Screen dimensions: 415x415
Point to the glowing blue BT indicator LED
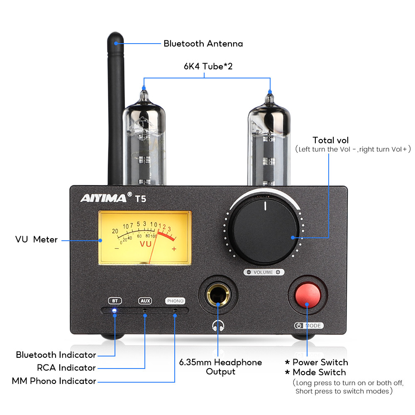click(114, 310)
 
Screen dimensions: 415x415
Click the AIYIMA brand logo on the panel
click(103, 198)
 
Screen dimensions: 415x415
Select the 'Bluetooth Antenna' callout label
click(203, 44)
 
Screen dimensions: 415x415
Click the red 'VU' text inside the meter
click(146, 244)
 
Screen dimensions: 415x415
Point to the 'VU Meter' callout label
click(37, 239)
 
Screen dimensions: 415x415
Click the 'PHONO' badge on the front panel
click(175, 301)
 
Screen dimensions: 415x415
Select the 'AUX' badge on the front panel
click(145, 301)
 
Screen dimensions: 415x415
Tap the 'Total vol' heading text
click(331, 140)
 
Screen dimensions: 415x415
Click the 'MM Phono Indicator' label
click(54, 381)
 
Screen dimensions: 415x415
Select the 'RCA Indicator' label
click(66, 368)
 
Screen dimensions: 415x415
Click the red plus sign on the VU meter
click(174, 249)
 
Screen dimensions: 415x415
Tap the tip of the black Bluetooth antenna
click(117, 39)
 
